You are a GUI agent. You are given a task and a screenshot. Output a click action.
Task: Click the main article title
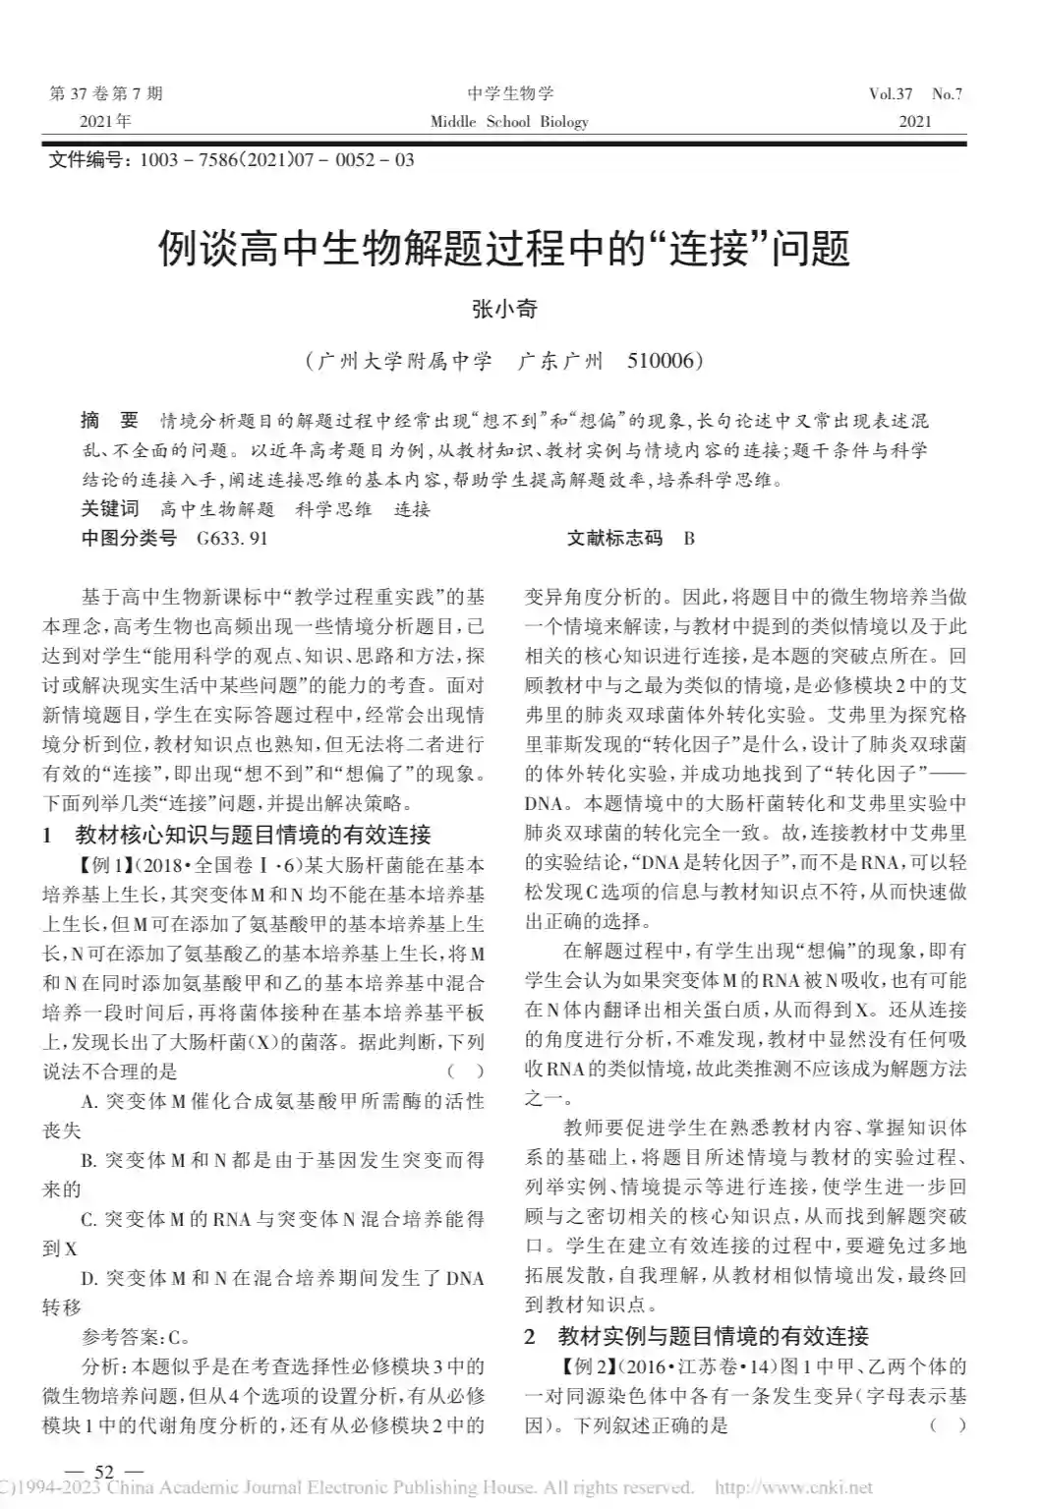(x=504, y=251)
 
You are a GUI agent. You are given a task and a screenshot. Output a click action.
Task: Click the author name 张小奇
(x=505, y=309)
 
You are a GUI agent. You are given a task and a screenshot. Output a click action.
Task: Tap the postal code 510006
(x=664, y=361)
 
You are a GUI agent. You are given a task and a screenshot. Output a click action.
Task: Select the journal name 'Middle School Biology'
(x=509, y=122)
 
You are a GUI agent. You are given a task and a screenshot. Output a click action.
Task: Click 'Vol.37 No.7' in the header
(x=915, y=94)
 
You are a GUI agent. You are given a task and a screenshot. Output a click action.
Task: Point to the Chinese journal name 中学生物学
(x=510, y=94)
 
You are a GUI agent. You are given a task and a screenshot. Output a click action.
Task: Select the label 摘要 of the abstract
(x=109, y=421)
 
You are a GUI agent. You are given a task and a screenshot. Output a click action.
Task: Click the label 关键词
(x=110, y=508)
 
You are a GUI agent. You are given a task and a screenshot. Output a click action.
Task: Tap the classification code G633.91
(x=232, y=538)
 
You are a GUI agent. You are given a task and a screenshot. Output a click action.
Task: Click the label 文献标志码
(x=614, y=538)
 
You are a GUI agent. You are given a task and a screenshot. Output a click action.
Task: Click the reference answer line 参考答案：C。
(x=136, y=1337)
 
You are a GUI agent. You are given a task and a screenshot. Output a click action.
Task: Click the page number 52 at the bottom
(x=104, y=1472)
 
